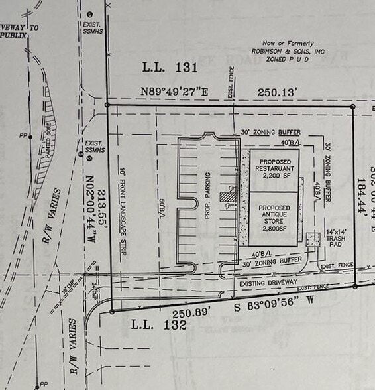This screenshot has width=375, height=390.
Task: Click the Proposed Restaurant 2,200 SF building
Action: (x=274, y=170)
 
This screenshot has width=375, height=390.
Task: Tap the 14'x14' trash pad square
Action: (x=313, y=239)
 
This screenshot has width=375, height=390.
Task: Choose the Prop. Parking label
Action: (x=208, y=196)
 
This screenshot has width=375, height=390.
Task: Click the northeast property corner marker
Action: (x=352, y=106)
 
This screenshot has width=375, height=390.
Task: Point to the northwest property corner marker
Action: (x=108, y=105)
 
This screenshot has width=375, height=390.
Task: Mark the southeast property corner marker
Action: (x=355, y=286)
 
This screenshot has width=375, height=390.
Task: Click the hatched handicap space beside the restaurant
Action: (x=229, y=196)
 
